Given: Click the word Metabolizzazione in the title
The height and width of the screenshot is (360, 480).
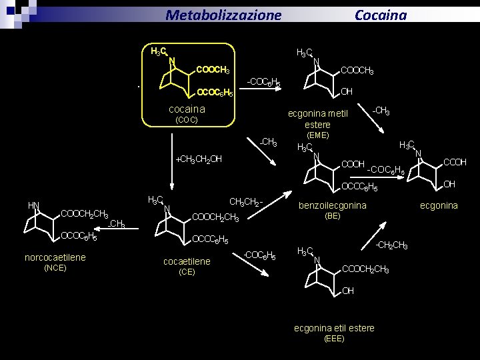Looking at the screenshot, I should [223, 15].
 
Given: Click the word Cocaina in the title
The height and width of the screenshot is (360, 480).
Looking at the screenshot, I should [380, 15].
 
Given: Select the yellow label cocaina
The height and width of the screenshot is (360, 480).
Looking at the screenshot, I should [187, 109].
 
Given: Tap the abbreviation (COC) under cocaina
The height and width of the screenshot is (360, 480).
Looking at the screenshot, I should [186, 120].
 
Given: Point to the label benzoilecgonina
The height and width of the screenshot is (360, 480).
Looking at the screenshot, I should [332, 205].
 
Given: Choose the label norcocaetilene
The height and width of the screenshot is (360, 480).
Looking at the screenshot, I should [55, 257].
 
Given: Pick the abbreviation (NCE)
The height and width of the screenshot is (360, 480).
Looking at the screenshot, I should [55, 268].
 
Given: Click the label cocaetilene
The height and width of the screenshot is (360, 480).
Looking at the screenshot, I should [187, 261].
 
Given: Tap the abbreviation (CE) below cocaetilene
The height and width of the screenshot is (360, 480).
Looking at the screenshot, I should [187, 272].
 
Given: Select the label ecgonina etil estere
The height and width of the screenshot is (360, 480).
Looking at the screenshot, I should [334, 328].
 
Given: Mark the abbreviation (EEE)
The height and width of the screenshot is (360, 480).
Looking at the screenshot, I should [334, 339].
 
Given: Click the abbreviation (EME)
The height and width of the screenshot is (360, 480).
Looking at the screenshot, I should [317, 135].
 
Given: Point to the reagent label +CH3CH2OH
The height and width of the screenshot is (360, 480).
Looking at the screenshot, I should [198, 159].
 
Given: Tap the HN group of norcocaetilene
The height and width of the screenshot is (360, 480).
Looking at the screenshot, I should [33, 205].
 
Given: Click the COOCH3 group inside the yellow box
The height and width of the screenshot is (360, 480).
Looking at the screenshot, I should [213, 71].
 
